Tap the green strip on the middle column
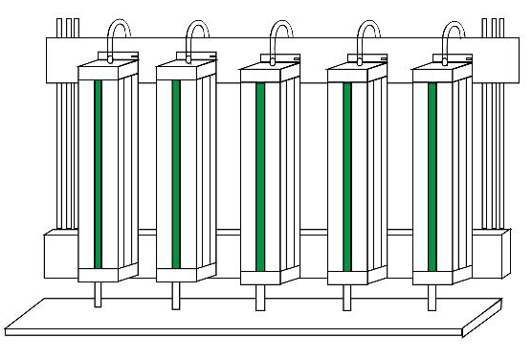(x=260, y=176)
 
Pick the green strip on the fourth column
(x=346, y=176)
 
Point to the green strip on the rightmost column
(x=432, y=176)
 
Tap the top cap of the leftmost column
(x=105, y=67)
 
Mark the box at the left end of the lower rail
(x=59, y=254)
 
